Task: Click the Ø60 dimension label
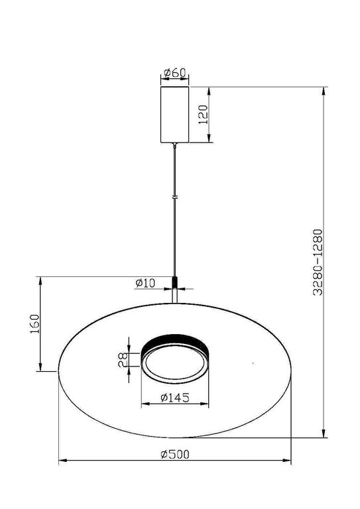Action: (175, 72)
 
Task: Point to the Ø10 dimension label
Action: (145, 283)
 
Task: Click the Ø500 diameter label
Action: (175, 454)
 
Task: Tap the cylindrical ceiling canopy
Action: (175, 114)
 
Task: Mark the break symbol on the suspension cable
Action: (175, 197)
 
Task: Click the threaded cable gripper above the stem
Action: (175, 282)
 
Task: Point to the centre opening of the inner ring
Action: (175, 365)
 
